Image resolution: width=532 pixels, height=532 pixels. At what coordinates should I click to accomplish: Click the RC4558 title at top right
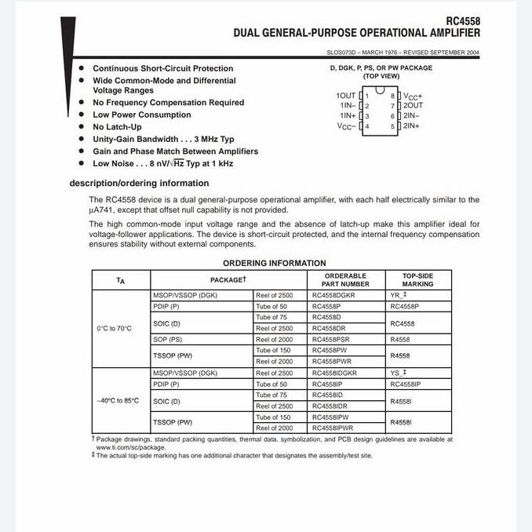point(462,22)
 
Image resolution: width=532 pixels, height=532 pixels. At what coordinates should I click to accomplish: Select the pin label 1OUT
point(345,95)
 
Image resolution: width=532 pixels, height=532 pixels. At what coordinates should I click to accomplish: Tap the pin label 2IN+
point(412,126)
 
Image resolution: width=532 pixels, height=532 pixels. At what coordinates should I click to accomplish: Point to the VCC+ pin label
point(414,95)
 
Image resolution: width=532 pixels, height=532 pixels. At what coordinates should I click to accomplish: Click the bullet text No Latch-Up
point(117,126)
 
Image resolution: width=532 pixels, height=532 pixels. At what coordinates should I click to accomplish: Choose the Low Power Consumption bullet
point(141,115)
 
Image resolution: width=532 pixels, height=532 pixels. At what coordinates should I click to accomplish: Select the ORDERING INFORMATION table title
point(274,263)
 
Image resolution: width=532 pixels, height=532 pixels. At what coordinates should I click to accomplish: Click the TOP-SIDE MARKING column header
point(417,280)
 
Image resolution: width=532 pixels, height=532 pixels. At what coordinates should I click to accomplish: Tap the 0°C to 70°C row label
point(115,328)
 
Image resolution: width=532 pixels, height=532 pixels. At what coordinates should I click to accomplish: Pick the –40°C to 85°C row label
point(118,400)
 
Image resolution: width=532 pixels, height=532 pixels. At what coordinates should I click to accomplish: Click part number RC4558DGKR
point(333,296)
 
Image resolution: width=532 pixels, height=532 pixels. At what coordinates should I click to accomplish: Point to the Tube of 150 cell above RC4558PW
point(273,350)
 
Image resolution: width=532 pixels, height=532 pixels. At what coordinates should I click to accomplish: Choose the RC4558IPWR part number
point(333,428)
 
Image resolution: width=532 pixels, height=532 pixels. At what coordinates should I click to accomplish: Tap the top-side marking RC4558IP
point(406,384)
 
